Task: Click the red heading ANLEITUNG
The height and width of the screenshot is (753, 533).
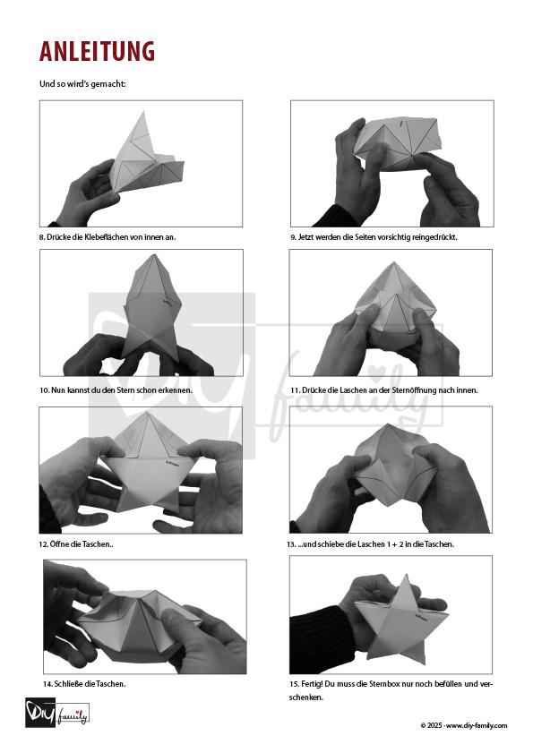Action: point(97,51)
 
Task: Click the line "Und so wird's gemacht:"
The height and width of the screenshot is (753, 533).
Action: point(82,83)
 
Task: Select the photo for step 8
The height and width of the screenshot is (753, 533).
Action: point(141,163)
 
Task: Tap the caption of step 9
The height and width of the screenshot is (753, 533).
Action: point(374,236)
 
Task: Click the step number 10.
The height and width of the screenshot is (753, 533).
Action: point(44,390)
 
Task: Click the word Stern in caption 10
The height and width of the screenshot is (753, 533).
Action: point(125,390)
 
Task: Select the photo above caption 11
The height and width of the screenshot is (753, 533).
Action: point(391,312)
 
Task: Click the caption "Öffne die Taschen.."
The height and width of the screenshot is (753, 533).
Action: point(76,544)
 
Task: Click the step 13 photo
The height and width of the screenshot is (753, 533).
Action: point(391,470)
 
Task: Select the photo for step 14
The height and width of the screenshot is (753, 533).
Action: point(144,617)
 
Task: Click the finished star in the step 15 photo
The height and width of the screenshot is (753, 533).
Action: point(401,620)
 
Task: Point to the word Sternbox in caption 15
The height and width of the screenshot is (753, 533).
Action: point(384,683)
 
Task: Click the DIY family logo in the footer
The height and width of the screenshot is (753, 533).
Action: point(56,713)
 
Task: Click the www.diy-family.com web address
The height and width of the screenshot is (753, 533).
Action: point(477,725)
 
